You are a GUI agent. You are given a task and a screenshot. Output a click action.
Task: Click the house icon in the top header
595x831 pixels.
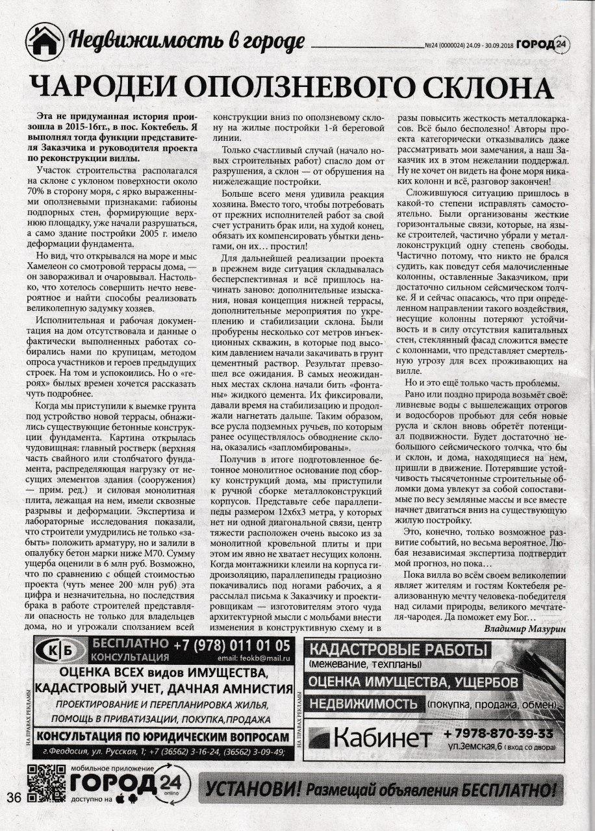pos(45,41)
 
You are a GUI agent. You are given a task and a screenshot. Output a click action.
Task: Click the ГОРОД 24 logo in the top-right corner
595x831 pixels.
pos(549,44)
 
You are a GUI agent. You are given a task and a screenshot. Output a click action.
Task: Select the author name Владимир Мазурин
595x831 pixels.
pos(525,628)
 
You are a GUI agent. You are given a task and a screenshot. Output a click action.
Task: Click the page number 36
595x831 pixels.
pos(14,797)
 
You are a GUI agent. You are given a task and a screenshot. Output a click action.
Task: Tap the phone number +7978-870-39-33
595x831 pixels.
pos(498,734)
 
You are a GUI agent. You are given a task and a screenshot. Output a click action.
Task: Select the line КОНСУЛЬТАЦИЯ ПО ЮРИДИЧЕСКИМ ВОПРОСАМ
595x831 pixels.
pos(162,737)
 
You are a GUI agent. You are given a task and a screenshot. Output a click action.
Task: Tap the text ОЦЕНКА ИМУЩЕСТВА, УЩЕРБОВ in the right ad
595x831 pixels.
pos(413,682)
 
